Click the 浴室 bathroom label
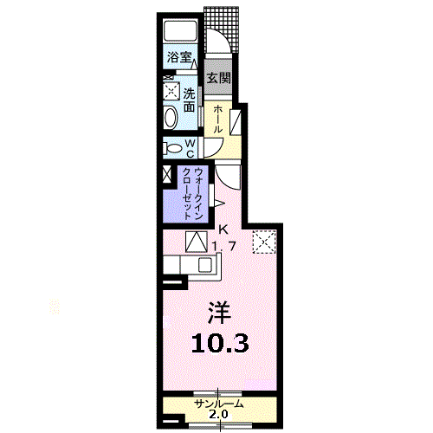(x=179, y=57)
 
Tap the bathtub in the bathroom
(x=181, y=30)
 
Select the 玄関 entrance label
(x=219, y=77)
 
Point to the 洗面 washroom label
(x=190, y=100)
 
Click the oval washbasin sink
(x=171, y=117)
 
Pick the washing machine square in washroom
(x=171, y=92)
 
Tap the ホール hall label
(x=218, y=119)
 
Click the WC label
(x=190, y=148)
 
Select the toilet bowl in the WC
(x=172, y=149)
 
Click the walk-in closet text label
(x=191, y=194)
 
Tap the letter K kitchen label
(x=223, y=230)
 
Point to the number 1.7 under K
(x=224, y=247)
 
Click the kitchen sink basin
(x=205, y=265)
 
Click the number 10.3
(x=220, y=344)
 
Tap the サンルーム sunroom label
(x=219, y=404)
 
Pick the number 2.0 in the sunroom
(x=218, y=415)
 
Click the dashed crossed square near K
(x=264, y=242)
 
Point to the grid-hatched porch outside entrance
(x=222, y=29)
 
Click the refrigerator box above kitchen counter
(x=197, y=242)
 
